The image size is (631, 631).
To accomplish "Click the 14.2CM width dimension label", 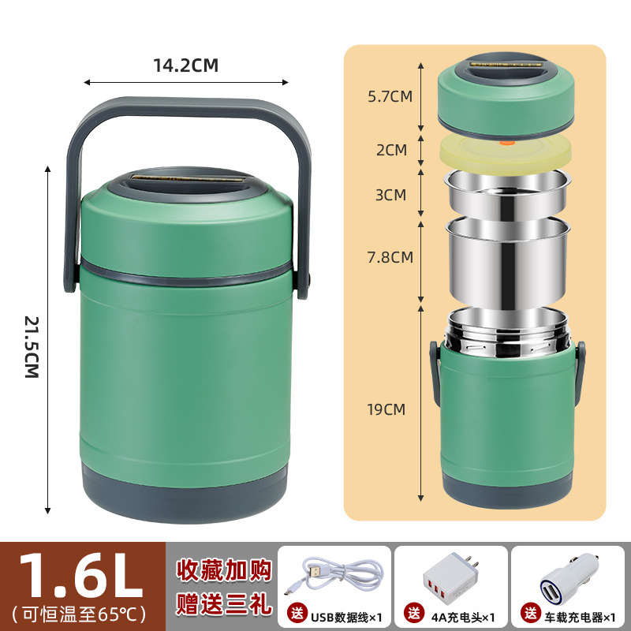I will coord(185,65).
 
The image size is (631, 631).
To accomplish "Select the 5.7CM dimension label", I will coord(391,97).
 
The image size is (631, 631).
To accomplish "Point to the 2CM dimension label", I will coord(391,149).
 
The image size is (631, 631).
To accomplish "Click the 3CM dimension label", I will coord(391,194).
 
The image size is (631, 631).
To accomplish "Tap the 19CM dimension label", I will coord(386,409).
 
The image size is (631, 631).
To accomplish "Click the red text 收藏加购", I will coord(222,569).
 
